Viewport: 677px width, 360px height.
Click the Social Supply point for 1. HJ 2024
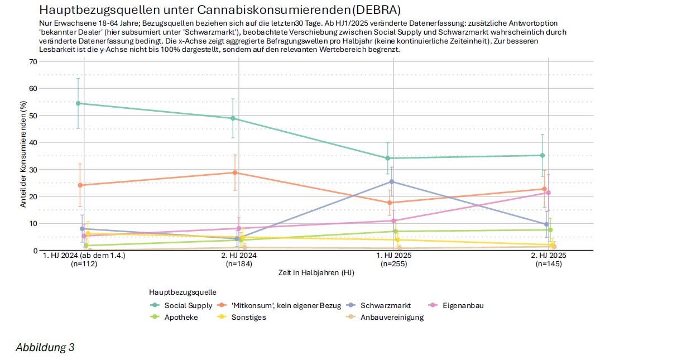point(78,103)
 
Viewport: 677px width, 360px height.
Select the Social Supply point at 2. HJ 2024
point(233,118)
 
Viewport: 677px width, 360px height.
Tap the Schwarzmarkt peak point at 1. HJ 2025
point(392,181)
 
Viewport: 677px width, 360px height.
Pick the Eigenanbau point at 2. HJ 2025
point(549,193)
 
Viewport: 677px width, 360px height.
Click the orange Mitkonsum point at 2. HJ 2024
point(235,172)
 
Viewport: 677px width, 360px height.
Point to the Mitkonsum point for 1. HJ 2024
point(80,185)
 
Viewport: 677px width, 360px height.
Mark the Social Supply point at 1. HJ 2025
point(388,158)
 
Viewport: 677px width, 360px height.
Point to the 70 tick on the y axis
point(33,61)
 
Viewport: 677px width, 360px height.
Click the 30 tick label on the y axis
point(33,169)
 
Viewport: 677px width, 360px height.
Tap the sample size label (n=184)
point(239,264)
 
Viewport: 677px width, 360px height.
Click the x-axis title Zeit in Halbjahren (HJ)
point(316,273)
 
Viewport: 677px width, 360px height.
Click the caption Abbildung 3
point(45,348)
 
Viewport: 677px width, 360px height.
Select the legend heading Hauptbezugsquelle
point(183,292)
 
